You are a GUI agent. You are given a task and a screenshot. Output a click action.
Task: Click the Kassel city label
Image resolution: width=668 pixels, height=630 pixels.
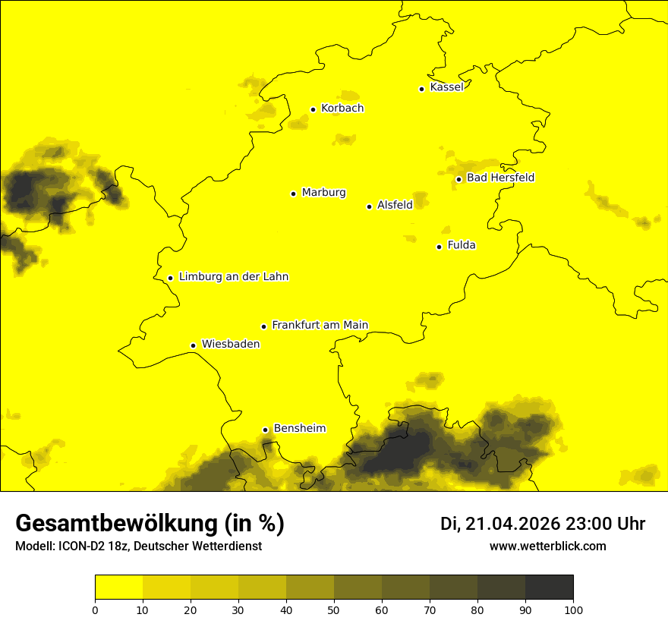point(446,87)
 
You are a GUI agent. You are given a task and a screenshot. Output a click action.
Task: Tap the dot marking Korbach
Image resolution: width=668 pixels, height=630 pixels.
point(313,109)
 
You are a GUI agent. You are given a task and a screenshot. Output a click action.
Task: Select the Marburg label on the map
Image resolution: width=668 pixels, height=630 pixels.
point(323,193)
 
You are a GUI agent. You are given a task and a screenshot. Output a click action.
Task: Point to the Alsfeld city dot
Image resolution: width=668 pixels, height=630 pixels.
point(369,206)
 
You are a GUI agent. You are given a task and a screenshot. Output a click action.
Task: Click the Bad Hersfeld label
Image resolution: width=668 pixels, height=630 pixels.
point(500,178)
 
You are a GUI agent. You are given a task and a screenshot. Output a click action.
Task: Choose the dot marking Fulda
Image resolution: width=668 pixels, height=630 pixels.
point(439,247)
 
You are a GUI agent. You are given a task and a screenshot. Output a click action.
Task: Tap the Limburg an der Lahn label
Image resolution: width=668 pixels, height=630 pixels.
point(234,277)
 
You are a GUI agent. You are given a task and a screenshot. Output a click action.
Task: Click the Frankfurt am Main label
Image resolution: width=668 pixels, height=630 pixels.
point(320,325)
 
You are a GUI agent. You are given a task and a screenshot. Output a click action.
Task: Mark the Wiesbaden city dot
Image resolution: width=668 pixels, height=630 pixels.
point(193,346)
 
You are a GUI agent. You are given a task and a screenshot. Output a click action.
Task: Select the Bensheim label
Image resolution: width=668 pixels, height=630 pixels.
point(299,428)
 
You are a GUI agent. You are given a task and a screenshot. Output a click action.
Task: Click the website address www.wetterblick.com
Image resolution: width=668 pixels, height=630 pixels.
point(547,547)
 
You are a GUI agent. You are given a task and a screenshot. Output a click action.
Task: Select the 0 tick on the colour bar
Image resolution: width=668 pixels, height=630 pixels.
point(95,610)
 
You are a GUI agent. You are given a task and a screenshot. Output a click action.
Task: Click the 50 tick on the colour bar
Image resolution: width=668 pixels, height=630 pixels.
point(334,610)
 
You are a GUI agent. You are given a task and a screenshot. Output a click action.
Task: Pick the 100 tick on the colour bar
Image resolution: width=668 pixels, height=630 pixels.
point(573,610)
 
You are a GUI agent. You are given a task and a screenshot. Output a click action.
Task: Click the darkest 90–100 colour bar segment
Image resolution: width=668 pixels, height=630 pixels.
point(549,587)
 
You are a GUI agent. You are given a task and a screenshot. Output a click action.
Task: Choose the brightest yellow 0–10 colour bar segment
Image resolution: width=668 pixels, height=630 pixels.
point(118,587)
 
